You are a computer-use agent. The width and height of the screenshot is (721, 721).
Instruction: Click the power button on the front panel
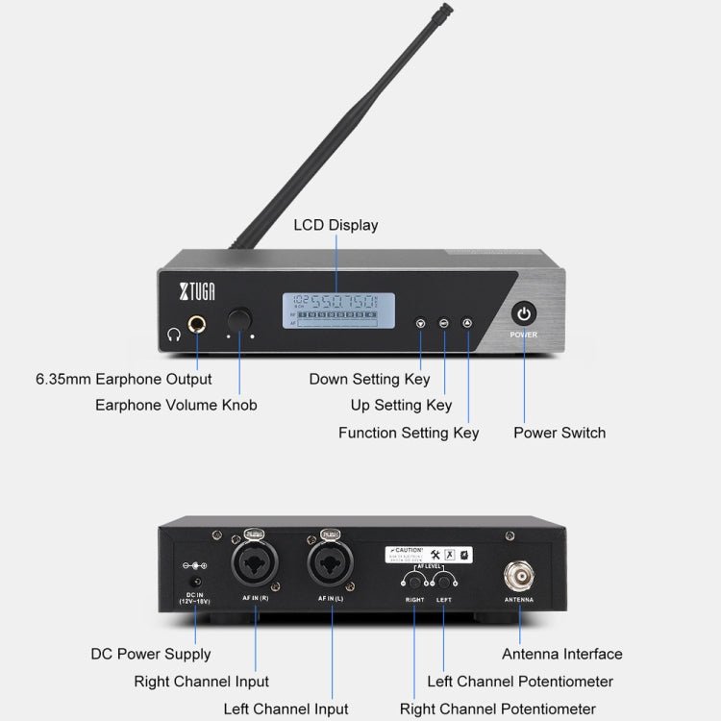[x=523, y=313]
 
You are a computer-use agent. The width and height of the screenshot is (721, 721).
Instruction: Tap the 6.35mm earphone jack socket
[x=199, y=325]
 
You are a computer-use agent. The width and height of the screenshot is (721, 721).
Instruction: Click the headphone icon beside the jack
[x=173, y=335]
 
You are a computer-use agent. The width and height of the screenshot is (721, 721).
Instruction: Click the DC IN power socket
[x=196, y=582]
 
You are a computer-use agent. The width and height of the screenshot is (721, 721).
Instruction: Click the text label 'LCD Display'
[x=336, y=225]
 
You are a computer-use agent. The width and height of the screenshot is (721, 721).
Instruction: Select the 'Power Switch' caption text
[x=559, y=433]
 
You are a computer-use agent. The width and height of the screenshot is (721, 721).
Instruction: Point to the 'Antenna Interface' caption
[x=562, y=654]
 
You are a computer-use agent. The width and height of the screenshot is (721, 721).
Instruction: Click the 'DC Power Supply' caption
[x=151, y=654]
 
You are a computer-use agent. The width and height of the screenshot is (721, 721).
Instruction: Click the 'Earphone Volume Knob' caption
[x=176, y=405]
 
